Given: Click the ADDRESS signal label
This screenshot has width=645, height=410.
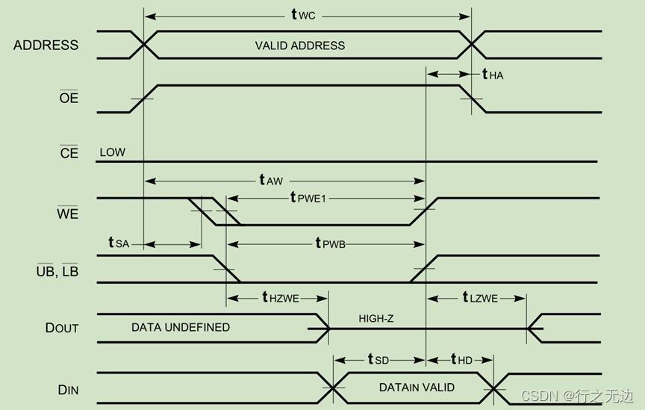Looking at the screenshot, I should click(46, 45).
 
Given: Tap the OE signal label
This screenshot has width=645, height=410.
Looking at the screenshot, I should click(69, 98).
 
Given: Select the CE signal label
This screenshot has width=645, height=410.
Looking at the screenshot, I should click(69, 154).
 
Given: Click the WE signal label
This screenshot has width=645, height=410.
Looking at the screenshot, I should click(67, 214).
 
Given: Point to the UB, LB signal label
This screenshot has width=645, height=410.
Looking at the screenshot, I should click(57, 272).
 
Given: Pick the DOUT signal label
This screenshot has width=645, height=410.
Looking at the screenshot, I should click(61, 328).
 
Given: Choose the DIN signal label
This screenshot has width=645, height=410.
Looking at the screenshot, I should click(68, 390).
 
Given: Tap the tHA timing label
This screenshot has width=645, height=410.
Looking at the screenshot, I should click(493, 74).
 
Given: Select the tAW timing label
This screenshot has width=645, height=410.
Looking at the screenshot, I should click(272, 180).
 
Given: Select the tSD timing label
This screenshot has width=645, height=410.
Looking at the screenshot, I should click(378, 359).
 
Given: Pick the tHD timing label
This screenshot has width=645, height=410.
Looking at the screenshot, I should click(461, 359).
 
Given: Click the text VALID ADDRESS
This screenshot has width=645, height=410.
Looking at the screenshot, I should click(300, 46).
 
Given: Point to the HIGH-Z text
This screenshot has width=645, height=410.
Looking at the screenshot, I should click(376, 319).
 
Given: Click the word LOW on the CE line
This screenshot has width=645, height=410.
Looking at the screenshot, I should click(112, 152).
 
